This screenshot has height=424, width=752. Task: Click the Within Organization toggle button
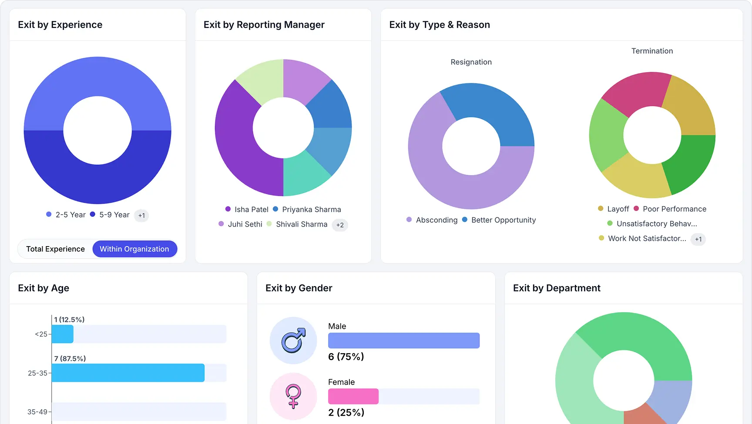134,249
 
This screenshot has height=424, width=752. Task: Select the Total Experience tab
55,249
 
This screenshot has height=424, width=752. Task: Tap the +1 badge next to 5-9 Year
141,215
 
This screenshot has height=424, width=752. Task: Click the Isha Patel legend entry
247,209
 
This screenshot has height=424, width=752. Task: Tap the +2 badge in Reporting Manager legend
340,225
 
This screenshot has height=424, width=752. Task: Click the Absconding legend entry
432,220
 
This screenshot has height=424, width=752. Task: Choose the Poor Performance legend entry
670,209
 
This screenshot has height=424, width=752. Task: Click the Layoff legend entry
614,209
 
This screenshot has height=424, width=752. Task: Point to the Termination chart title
652,51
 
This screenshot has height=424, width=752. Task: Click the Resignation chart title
471,62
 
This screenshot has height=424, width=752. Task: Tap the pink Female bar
353,396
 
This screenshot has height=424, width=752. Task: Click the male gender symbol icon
293,341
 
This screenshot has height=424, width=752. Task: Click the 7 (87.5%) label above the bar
70,358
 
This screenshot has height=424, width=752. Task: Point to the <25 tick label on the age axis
41,334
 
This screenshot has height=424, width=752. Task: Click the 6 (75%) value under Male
346,357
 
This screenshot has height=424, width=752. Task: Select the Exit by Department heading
557,288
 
